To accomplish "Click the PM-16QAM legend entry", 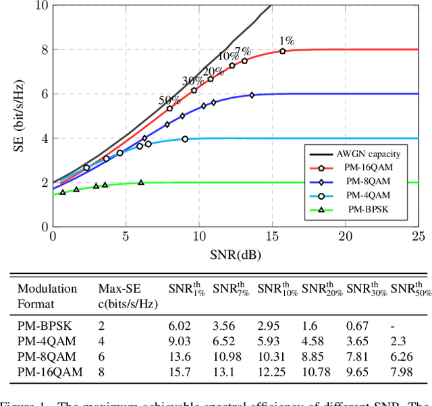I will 362,169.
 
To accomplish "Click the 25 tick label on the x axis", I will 418,238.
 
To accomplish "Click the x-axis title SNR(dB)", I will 235,255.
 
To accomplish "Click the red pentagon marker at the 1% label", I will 283,51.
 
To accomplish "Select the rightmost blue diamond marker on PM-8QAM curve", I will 252,95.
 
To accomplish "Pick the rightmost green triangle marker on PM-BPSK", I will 141,182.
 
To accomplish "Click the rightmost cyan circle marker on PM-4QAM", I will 185,139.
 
